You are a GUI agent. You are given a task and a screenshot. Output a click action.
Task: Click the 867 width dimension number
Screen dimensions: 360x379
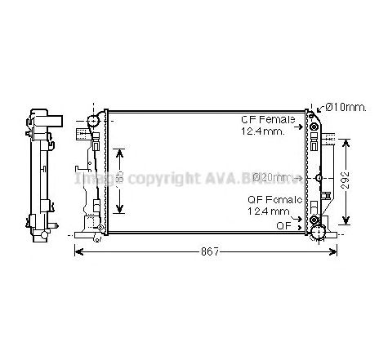tap(209, 251)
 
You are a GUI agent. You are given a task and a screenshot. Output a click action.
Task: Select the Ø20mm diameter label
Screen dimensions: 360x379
tap(271, 176)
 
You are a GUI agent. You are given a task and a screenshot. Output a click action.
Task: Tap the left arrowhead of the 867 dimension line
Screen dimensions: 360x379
tap(78, 251)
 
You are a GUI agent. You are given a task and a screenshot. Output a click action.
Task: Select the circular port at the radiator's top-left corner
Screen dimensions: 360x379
tap(92, 120)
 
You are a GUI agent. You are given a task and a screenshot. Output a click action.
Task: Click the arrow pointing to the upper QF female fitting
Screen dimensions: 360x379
tap(303, 126)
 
